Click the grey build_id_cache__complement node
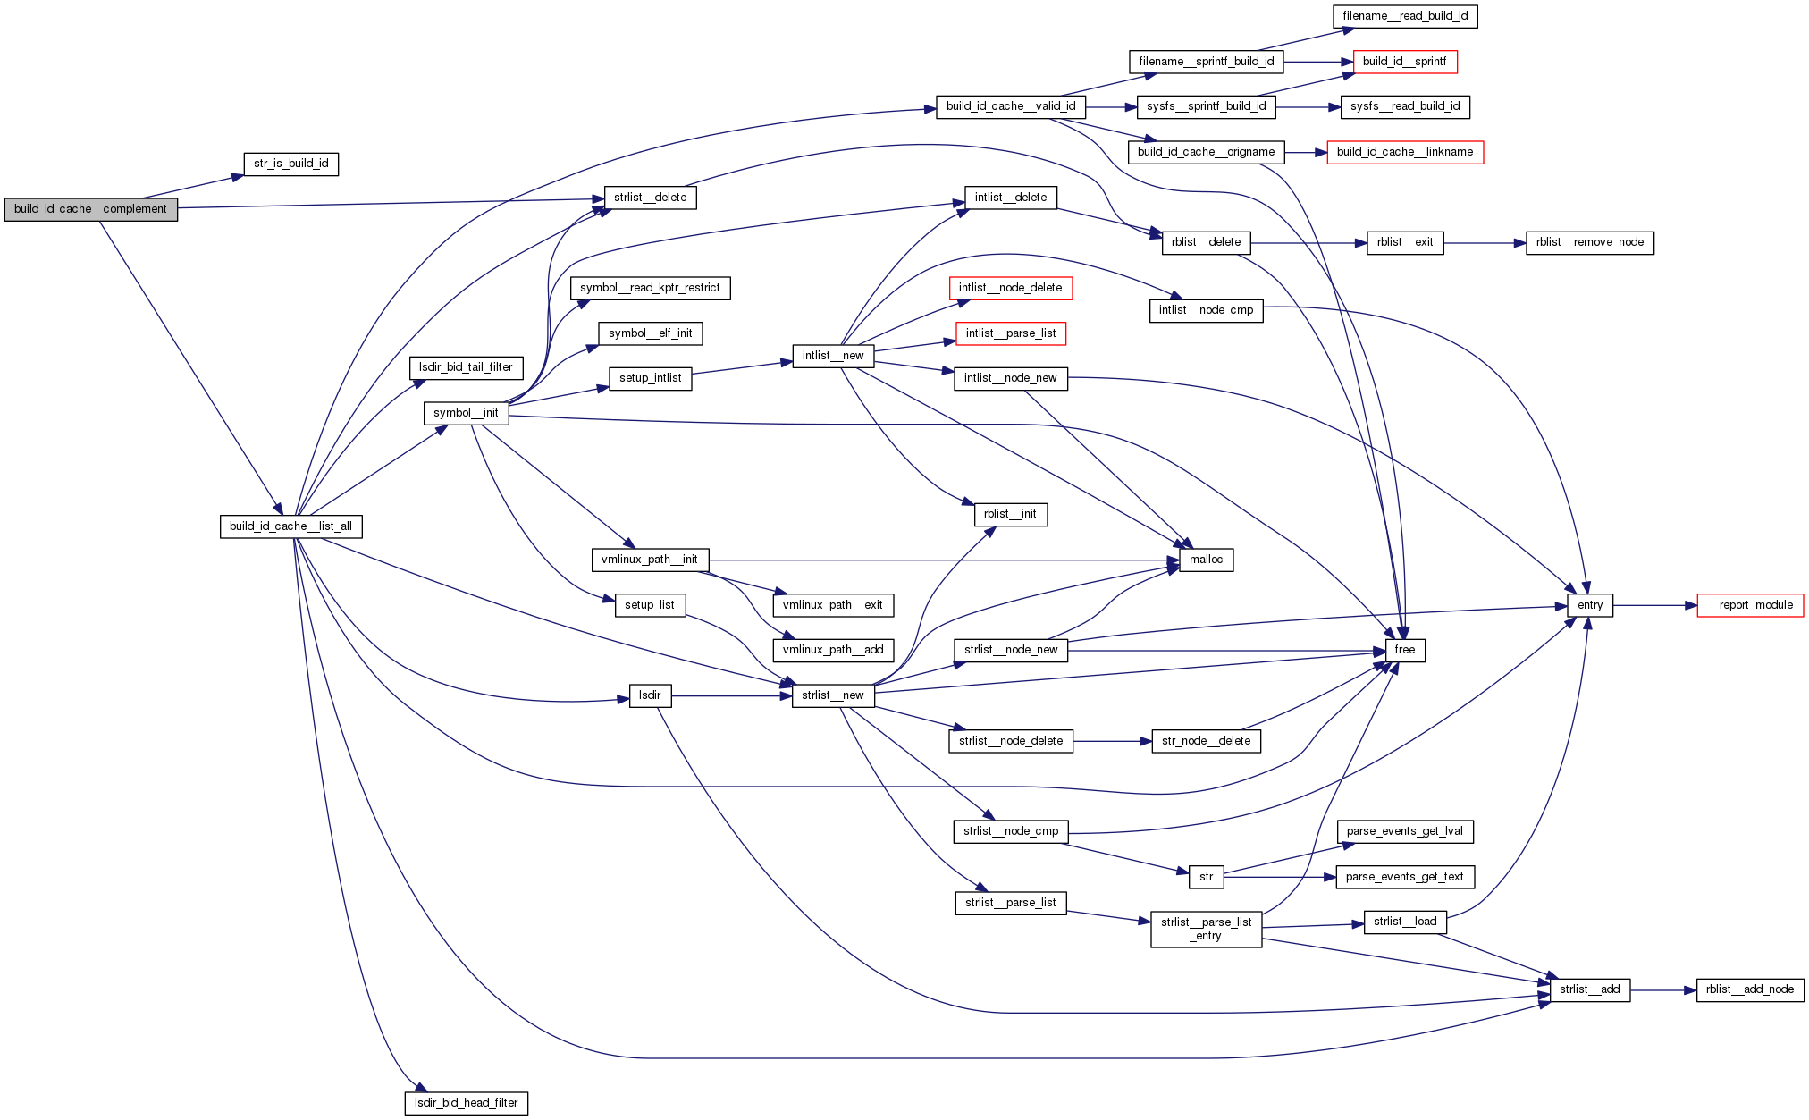point(90,209)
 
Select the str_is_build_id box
point(290,164)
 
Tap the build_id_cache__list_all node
point(290,526)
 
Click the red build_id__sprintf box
point(1405,62)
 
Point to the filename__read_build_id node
point(1405,16)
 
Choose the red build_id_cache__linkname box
point(1405,152)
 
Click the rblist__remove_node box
point(1589,242)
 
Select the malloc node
point(1206,560)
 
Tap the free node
point(1405,650)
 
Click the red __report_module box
point(1750,605)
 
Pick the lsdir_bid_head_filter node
point(466,1103)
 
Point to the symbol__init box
point(466,413)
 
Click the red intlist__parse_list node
point(1011,333)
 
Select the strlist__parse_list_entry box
point(1206,929)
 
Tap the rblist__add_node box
point(1750,989)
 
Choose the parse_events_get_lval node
point(1405,831)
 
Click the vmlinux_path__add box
point(833,650)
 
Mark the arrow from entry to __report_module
point(1655,605)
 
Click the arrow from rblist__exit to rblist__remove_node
point(1485,242)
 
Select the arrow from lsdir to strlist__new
point(731,695)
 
